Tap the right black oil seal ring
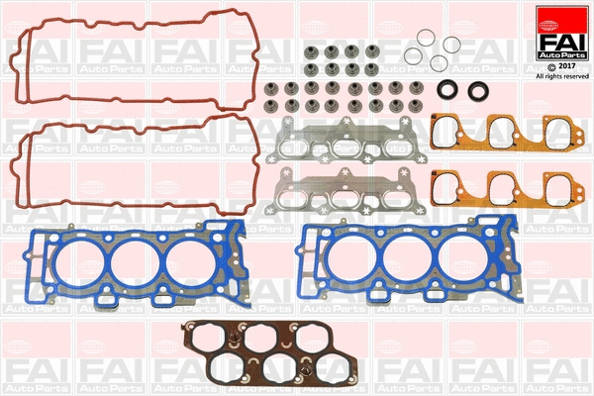pos(480,91)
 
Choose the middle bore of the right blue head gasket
pos(410,259)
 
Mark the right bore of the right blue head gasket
pos(467,259)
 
